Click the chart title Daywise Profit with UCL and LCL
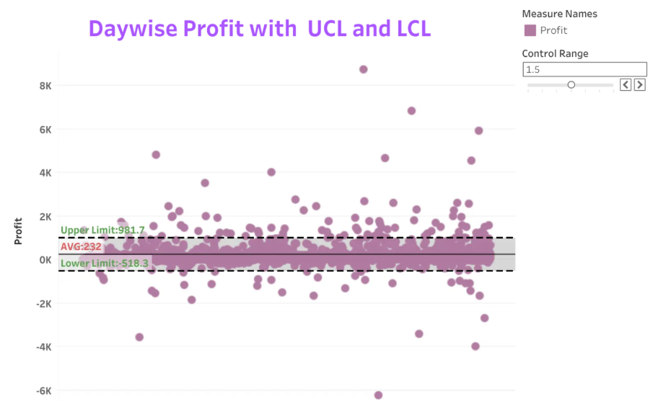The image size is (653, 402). coord(260,29)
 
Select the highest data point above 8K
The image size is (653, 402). coord(363,69)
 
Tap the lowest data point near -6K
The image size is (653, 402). coord(378,395)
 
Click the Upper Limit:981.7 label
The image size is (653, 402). coord(102,230)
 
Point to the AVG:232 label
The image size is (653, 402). coord(81,246)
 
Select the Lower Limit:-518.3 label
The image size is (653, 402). coord(105,263)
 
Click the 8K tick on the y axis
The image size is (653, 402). coord(45,86)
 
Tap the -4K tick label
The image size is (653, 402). coord(44,347)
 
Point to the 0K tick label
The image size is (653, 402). coord(45,260)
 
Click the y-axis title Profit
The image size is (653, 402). coord(18,231)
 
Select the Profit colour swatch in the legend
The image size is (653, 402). coord(530,30)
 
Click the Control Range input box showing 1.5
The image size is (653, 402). coord(584,69)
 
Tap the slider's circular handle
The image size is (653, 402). coord(571,85)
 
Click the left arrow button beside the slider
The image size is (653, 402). coord(626,85)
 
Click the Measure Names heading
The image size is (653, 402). coord(560,14)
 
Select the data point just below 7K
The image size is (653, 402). coord(411,111)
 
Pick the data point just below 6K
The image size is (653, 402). coord(478,130)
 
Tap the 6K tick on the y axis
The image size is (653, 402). coord(45,130)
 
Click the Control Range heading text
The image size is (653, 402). coord(555,53)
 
